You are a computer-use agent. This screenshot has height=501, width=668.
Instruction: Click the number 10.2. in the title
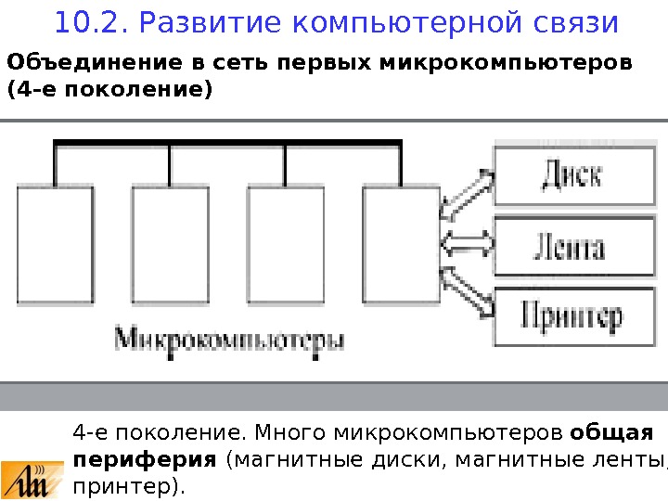86,21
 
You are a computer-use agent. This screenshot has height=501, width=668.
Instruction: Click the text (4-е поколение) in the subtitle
109,91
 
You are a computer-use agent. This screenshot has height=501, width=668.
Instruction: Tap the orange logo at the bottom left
32,478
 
